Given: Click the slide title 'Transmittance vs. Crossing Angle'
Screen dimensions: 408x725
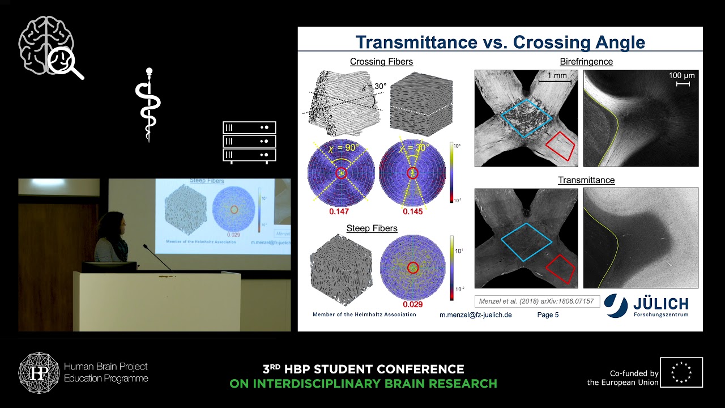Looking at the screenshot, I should [x=500, y=42].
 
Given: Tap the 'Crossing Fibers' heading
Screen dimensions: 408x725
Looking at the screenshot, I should [x=381, y=62].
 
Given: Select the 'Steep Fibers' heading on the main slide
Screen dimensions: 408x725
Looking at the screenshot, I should [x=372, y=228].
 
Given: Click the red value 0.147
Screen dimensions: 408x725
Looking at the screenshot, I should [x=339, y=211].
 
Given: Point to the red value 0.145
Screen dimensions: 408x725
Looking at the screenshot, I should [x=412, y=211].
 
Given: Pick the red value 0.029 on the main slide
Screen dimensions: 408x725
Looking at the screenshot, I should [x=412, y=304].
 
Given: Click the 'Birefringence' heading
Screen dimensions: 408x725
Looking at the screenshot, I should [x=586, y=62].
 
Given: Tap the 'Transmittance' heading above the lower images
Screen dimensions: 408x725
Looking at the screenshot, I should [x=586, y=180].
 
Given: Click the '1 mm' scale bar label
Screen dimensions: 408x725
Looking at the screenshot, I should [x=556, y=75].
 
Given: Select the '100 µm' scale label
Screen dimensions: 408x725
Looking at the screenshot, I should [x=681, y=75].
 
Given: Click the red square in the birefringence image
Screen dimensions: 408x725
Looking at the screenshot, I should [x=560, y=147].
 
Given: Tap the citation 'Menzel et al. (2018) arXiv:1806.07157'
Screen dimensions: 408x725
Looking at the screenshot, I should [x=536, y=301].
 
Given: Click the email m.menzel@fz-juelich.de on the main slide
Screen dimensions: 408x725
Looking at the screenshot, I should [x=475, y=314].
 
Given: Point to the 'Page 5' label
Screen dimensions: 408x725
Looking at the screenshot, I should [x=548, y=314].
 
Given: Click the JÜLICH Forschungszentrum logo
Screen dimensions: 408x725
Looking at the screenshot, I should [x=646, y=306].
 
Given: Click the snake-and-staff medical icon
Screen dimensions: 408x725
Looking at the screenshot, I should [x=148, y=105].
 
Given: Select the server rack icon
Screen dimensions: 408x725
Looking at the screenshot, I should [x=249, y=142].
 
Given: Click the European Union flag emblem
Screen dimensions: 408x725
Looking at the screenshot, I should [x=681, y=372].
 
